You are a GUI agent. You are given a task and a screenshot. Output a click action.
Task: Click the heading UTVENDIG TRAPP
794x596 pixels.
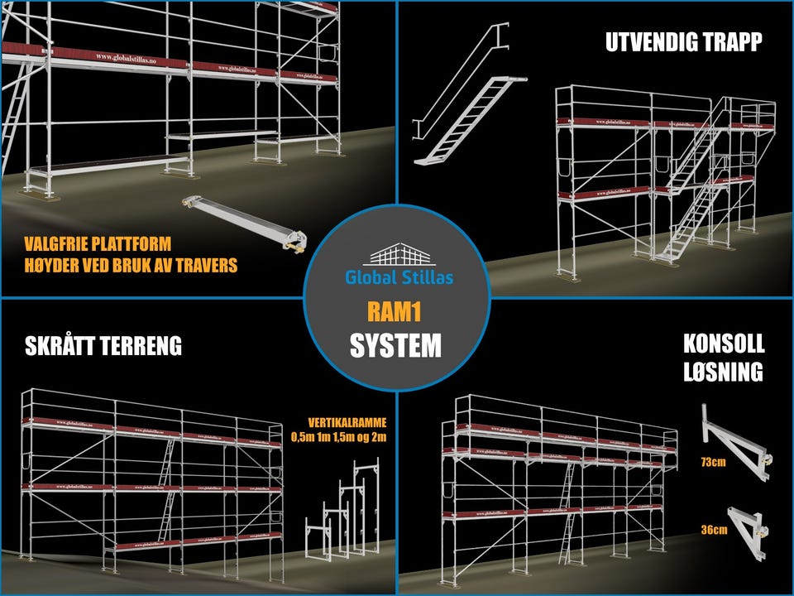(682, 43)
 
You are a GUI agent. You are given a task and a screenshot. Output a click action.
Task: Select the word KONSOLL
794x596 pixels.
(723, 344)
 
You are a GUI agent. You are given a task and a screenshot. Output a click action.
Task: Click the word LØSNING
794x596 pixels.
(723, 372)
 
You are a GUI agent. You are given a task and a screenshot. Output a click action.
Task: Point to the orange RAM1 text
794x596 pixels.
(395, 311)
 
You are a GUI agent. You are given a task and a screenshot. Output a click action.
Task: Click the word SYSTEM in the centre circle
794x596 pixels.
(395, 345)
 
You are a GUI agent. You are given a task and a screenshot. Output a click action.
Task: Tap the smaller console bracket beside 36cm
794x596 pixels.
(749, 525)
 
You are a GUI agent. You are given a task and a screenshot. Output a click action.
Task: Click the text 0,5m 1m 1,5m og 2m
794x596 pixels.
(338, 436)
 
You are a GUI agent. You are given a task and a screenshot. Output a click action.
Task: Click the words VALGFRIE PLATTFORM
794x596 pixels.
(98, 245)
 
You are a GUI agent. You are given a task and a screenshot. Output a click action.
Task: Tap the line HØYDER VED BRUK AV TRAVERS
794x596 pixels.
(131, 266)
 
